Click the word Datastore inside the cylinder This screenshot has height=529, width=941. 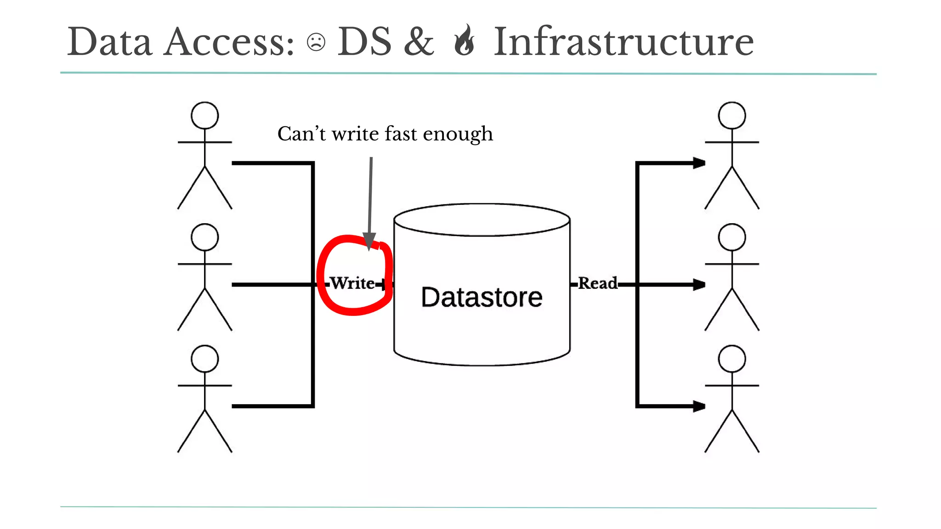coord(482,297)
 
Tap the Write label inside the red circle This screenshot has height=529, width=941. coord(352,283)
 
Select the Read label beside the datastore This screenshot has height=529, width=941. coord(597,283)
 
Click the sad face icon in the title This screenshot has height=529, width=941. coord(316,42)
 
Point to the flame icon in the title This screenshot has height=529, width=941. coord(464,40)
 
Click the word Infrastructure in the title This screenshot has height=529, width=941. coord(624,42)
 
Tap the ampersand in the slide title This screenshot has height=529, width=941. coord(419,42)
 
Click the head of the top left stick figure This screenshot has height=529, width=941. coord(204,115)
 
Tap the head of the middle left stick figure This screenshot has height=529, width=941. coord(204,237)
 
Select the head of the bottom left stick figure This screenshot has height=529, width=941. coord(204,359)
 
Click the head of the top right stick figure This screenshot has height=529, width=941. coord(731,115)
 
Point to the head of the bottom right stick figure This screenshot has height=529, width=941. coord(731,359)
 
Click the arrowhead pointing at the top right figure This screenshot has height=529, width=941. coord(699,163)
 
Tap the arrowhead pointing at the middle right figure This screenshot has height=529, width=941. coord(699,285)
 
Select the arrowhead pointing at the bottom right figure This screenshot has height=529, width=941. coord(699,406)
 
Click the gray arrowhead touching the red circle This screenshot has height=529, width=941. coord(369,241)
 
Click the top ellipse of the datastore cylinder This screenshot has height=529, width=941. coord(482,220)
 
